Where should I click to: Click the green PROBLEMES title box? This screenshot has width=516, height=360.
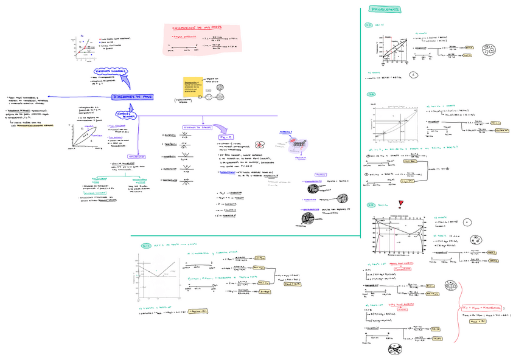point(386,10)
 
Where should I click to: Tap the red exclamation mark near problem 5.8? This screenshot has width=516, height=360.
point(400,204)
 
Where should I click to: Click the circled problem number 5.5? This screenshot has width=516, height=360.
point(369,25)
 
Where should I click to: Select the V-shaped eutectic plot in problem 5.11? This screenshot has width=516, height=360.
point(156,276)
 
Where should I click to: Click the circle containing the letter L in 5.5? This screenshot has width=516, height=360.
point(413,75)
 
